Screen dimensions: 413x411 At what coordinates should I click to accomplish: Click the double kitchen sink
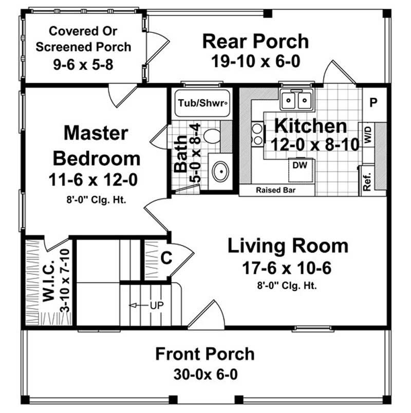[297, 99]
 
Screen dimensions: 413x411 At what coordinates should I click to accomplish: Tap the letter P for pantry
[373, 102]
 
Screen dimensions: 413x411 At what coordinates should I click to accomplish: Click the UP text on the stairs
[156, 305]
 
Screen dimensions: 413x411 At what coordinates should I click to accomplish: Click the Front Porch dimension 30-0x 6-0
[204, 374]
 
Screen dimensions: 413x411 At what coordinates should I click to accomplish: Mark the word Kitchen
[310, 126]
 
